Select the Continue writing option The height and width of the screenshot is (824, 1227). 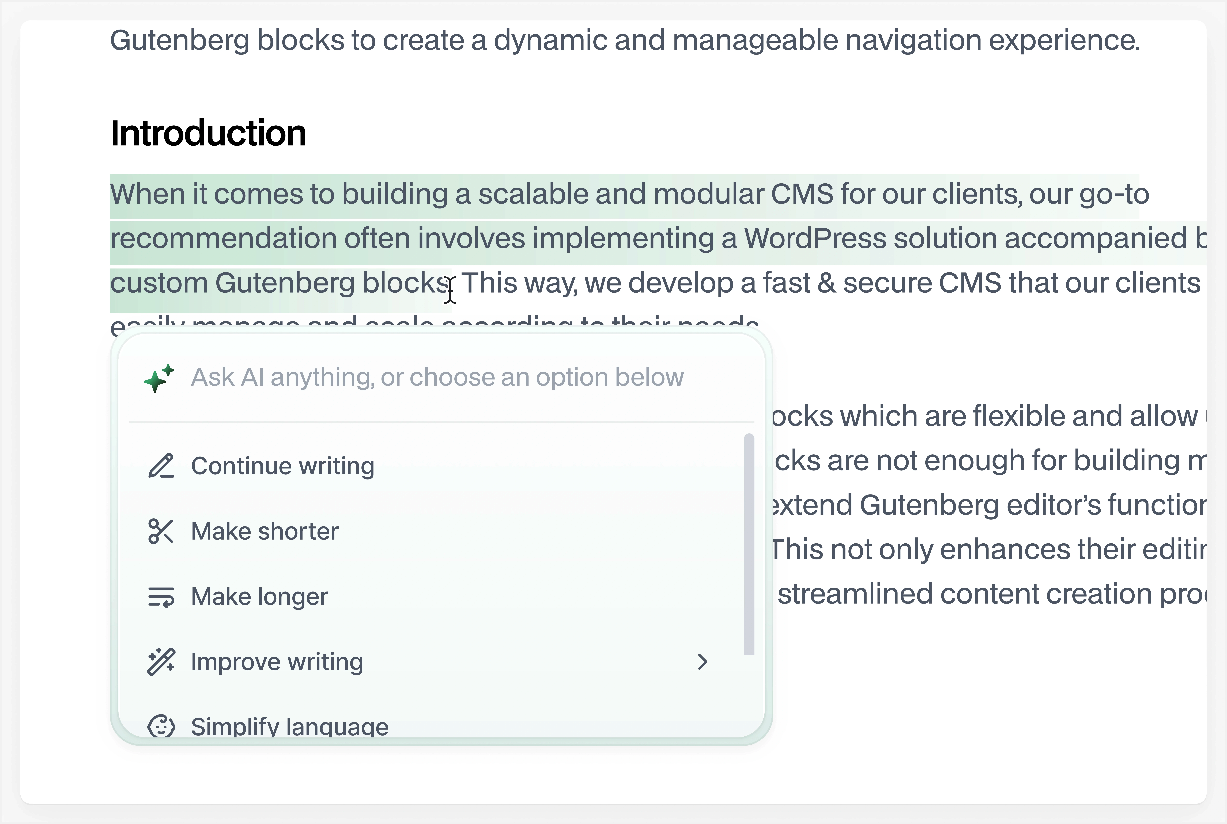click(282, 466)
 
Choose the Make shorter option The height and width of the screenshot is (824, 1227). click(265, 531)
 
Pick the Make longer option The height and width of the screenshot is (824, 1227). click(259, 596)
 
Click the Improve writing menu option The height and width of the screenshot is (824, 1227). click(277, 662)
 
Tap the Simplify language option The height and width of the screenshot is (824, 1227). click(289, 726)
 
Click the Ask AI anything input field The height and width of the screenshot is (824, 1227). click(437, 377)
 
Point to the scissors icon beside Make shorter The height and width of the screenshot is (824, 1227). click(161, 531)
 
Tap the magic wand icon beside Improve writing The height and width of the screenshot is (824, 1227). click(161, 662)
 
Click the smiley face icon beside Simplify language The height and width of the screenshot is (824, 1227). click(161, 726)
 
